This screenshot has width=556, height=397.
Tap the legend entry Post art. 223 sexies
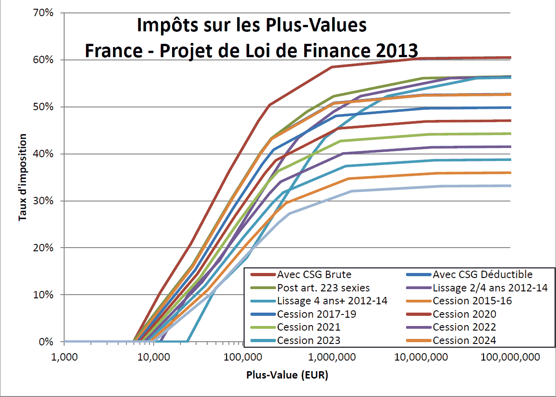(323, 288)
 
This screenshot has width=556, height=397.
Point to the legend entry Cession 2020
(464, 314)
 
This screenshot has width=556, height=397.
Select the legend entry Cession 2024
(464, 341)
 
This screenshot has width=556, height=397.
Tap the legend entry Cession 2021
(309, 327)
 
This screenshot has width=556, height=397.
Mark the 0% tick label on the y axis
(47, 342)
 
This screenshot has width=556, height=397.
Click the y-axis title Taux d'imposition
(23, 178)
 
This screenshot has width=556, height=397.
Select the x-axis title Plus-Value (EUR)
(287, 375)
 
